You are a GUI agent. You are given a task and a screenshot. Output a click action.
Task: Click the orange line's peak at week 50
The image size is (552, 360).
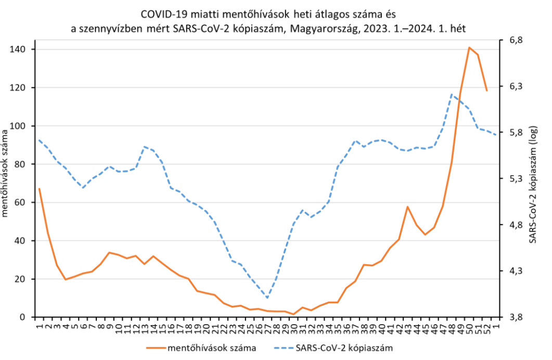pos(469,47)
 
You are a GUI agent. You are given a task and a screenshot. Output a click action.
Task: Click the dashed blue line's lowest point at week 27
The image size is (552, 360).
pos(267,298)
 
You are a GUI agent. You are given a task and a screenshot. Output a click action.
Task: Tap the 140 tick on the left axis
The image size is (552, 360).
pos(20,49)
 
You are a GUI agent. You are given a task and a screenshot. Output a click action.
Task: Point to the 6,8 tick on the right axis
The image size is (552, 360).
pos(510,40)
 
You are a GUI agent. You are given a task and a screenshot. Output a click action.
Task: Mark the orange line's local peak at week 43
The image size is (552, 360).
pos(408,207)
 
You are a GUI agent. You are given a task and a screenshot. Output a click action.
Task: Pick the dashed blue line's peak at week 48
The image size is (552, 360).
pos(452,94)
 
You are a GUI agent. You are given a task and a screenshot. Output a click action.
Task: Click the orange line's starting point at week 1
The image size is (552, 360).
pos(39,188)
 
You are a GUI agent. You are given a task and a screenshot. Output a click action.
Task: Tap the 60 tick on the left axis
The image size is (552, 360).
pos(22,202)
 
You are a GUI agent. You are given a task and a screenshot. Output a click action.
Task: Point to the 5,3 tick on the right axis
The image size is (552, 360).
pos(510,178)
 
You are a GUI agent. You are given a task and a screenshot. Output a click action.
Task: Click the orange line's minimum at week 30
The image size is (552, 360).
pos(294,314)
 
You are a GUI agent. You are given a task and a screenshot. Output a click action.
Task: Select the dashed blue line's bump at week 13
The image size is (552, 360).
pos(145,147)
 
